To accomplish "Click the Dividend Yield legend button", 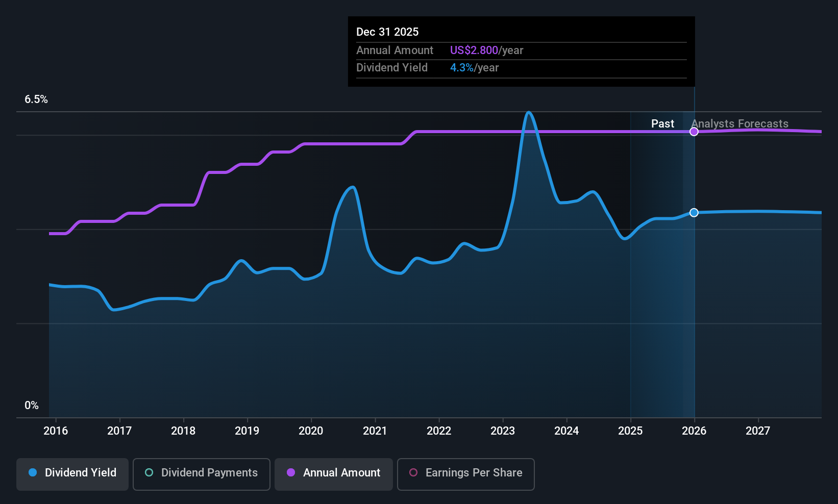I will tap(72, 473).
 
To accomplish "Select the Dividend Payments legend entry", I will tap(201, 473).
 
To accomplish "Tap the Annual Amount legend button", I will tap(333, 473).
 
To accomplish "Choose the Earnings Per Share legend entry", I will tap(465, 473).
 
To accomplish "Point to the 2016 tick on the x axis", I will tap(56, 431).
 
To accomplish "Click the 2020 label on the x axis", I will tap(311, 431).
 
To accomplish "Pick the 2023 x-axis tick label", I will tap(503, 431).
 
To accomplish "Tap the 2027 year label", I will tap(758, 431).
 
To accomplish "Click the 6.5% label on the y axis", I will tap(36, 99).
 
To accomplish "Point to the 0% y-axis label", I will tap(32, 406).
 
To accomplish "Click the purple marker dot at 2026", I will tap(694, 132).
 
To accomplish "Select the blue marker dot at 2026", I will tap(694, 213).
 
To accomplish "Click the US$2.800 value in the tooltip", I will tap(474, 51).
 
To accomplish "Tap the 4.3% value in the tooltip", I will tap(461, 68).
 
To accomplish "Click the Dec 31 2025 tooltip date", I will tap(387, 32).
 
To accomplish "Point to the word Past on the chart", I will tap(662, 124).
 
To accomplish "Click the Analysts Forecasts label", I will tap(740, 124).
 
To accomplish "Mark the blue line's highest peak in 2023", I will tap(529, 112).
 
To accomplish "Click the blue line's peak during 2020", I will tap(352, 187).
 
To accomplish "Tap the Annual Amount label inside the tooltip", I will tap(395, 51).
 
